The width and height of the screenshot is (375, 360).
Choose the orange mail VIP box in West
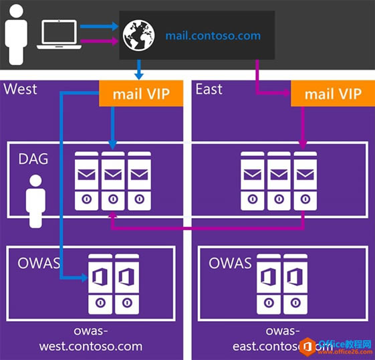pos(140,94)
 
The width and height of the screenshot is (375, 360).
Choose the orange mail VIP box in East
pos(332,94)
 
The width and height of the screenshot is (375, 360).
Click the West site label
pos(21,89)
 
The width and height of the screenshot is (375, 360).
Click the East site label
pos(209,89)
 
